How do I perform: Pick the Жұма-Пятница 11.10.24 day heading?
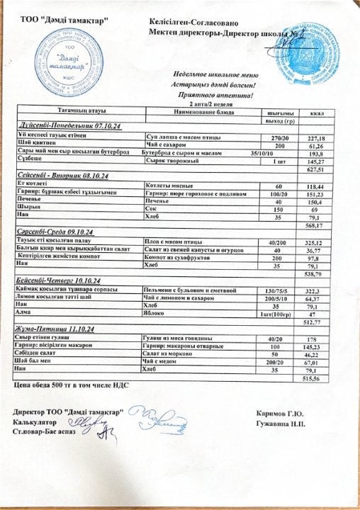(x=60, y=330)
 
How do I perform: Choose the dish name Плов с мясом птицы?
(x=171, y=242)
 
